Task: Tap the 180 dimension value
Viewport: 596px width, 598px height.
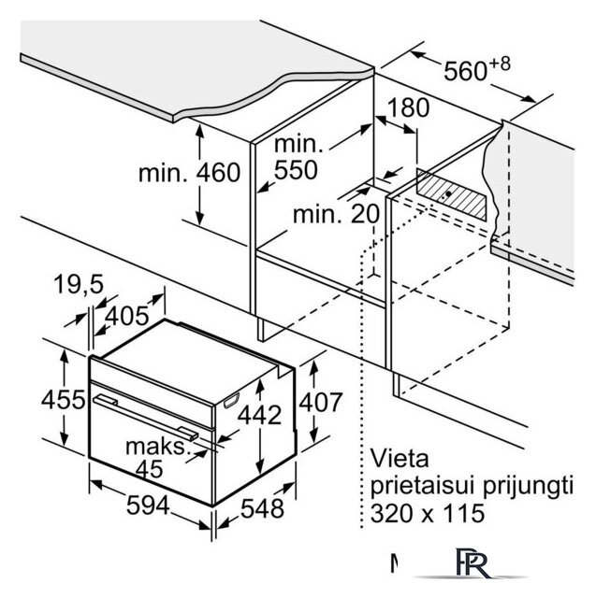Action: point(408,107)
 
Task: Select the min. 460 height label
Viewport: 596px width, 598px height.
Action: point(189,173)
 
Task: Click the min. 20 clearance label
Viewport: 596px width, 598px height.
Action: point(337,213)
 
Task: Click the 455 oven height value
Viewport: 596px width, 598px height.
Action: point(39,399)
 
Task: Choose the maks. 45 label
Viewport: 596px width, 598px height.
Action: point(155,458)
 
